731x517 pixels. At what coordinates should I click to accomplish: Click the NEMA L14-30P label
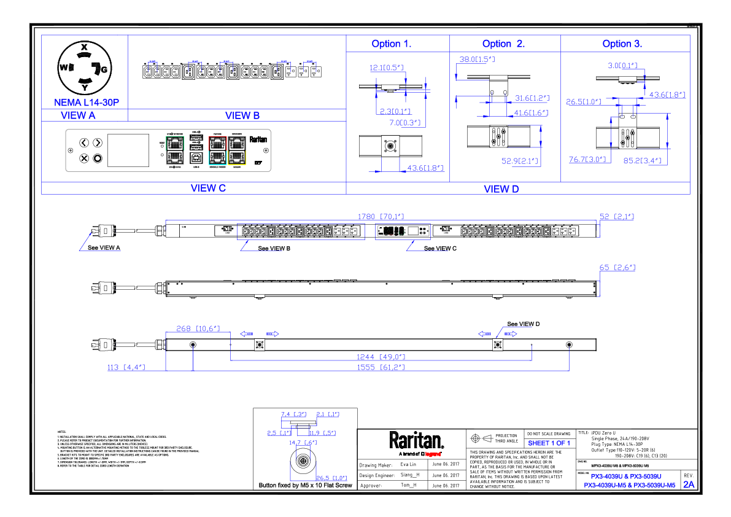tap(87, 103)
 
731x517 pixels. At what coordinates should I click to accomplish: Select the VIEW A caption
tap(78, 115)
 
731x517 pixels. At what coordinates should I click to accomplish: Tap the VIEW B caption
tap(242, 115)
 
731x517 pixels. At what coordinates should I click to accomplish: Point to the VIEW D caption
tap(501, 190)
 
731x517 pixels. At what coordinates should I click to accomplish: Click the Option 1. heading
tap(392, 44)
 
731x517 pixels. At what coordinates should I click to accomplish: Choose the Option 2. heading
tap(503, 44)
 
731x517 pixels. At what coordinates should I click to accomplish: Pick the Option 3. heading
tap(622, 44)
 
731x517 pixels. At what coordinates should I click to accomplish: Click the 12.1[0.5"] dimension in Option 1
tap(387, 68)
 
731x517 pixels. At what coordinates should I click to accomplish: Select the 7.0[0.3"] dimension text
tap(405, 123)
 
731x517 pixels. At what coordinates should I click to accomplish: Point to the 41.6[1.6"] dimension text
tap(531, 113)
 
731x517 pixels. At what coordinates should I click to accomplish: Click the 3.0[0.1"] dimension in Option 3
tap(622, 66)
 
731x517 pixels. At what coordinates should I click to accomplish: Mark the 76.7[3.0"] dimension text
tap(587, 160)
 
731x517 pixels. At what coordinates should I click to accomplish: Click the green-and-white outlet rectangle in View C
tap(175, 150)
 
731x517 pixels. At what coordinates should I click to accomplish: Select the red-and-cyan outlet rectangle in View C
tap(218, 150)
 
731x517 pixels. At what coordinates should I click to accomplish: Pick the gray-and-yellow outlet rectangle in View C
tap(237, 150)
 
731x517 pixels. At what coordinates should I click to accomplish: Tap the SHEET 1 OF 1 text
tap(549, 443)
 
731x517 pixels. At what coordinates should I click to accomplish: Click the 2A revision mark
tap(689, 485)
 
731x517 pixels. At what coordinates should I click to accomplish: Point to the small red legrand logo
tap(433, 454)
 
